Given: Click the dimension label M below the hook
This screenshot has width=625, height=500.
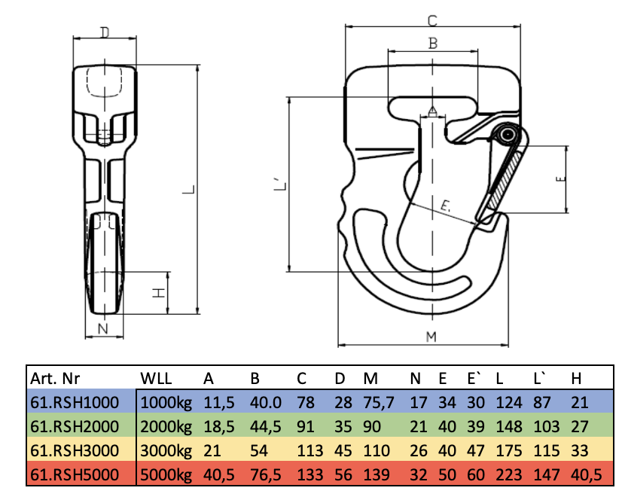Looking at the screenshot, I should click(431, 337).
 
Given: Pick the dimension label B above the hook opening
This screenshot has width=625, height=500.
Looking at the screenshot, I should click(433, 44).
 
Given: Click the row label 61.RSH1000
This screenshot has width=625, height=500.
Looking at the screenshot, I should click(75, 402).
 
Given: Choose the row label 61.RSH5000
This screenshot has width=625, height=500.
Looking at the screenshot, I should click(75, 475).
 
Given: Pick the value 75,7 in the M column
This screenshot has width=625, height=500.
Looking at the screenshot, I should click(379, 402).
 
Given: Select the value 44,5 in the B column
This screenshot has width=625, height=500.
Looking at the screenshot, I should click(265, 427).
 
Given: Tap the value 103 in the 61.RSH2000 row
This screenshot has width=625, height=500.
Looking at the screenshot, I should click(547, 427).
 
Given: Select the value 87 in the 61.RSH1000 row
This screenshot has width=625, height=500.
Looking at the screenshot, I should click(542, 402).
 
